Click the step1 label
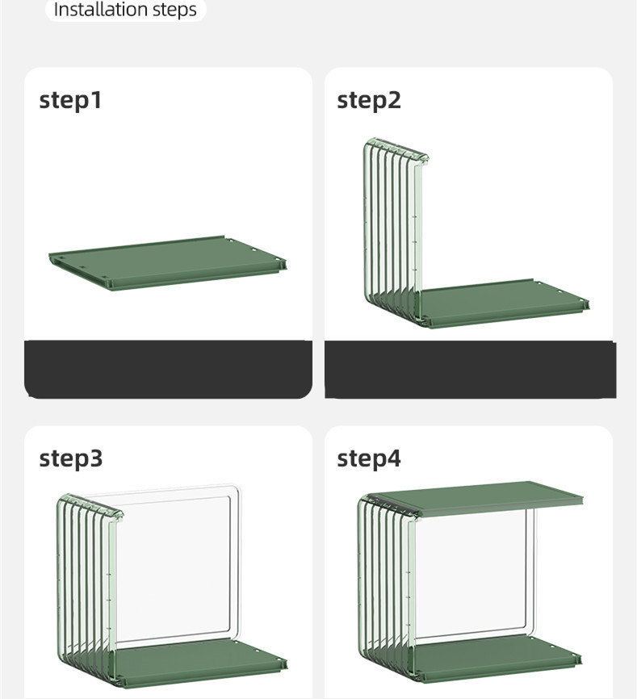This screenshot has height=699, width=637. point(70,101)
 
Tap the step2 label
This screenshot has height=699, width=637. point(369,101)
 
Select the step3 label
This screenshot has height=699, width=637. point(71,458)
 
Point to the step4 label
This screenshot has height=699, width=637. point(369,458)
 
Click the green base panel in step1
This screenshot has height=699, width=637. point(168,263)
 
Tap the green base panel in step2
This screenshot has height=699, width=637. point(504,303)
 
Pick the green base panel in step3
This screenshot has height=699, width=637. point(199,662)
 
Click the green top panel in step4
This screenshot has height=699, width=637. point(477,498)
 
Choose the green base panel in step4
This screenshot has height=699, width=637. point(497,659)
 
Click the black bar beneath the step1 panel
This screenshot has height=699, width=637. point(168,369)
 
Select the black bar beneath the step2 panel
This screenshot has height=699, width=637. point(471,369)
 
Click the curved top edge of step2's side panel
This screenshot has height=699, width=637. point(396,148)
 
